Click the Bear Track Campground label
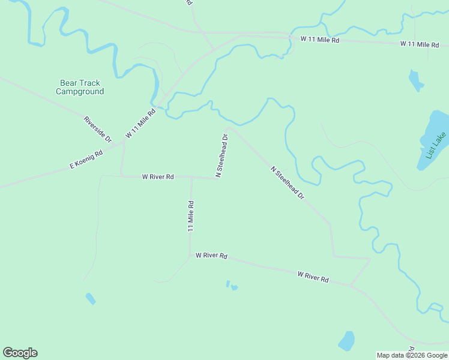(80, 87)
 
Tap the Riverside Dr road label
(97, 128)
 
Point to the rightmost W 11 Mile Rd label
(420, 44)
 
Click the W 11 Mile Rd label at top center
(320, 40)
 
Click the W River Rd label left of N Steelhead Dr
(158, 177)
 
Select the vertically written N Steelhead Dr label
(221, 155)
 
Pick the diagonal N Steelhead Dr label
(288, 183)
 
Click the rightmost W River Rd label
(313, 277)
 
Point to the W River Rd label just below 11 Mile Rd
(211, 256)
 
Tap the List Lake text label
(435, 146)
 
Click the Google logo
(20, 353)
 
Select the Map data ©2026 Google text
(412, 355)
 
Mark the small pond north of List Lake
(415, 80)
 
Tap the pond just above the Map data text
(346, 341)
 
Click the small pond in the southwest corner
(91, 298)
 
